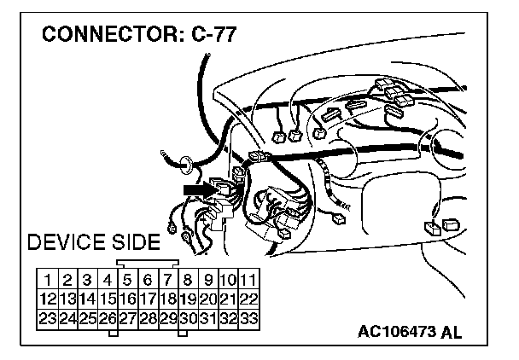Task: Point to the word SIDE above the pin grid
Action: [x=132, y=242]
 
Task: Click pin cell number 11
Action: [x=248, y=279]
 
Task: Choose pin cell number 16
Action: [x=127, y=299]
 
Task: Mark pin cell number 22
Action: [x=248, y=299]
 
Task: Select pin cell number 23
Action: [x=48, y=318]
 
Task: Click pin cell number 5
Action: [x=127, y=279]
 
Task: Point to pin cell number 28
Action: [x=148, y=318]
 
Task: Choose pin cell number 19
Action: [x=188, y=299]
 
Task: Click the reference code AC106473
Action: [x=399, y=332]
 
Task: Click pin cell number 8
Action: [x=188, y=279]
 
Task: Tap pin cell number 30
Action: [x=188, y=318]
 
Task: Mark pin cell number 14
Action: [x=87, y=299]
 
